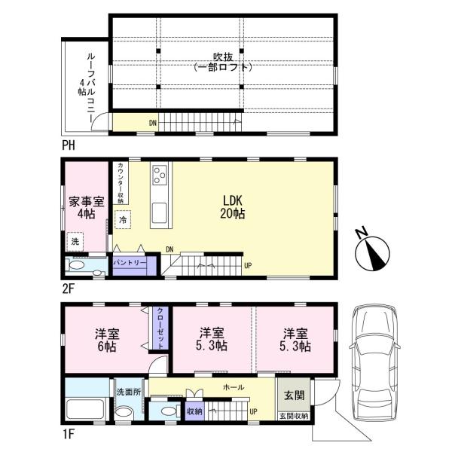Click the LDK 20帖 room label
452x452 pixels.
click(x=233, y=207)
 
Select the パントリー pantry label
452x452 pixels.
click(x=130, y=263)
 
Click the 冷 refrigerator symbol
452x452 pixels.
click(x=123, y=220)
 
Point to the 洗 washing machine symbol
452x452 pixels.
click(x=75, y=242)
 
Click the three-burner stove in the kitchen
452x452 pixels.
click(x=160, y=175)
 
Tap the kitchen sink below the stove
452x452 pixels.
click(x=159, y=212)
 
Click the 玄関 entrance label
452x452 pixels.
click(x=294, y=395)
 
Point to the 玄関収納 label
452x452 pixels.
click(x=294, y=417)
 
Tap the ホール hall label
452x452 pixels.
click(x=234, y=387)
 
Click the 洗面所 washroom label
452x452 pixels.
click(x=129, y=392)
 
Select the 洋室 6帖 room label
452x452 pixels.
click(x=107, y=341)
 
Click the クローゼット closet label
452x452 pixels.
click(x=161, y=328)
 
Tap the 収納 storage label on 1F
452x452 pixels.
click(x=194, y=411)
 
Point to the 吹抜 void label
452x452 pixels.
click(x=223, y=57)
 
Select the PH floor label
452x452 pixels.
click(x=69, y=145)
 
